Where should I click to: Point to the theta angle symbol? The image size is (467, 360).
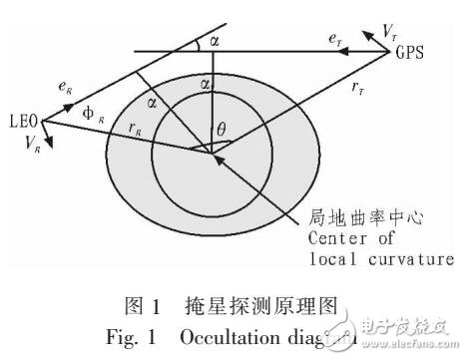[223, 128]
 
